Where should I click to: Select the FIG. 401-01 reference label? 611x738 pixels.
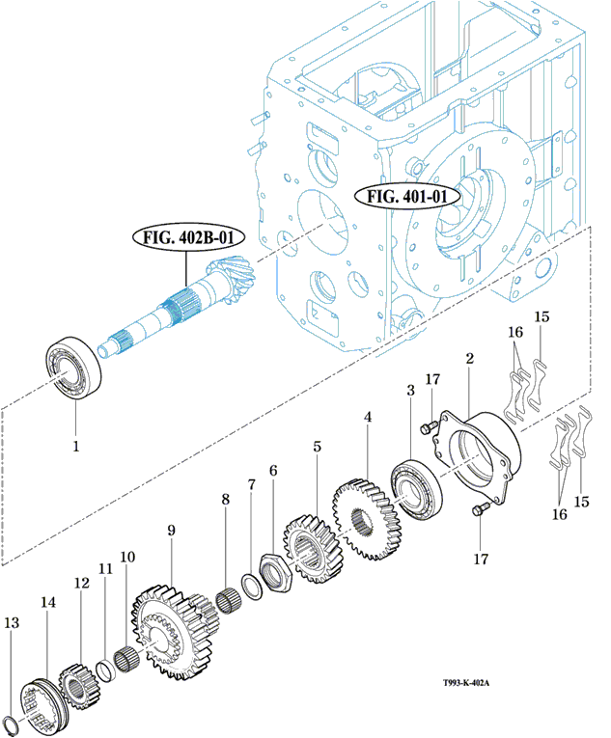pyautogui.click(x=408, y=197)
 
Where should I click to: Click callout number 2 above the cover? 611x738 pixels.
pyautogui.click(x=469, y=359)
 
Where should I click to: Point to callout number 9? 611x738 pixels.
pyautogui.click(x=171, y=530)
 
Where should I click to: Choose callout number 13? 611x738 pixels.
pyautogui.click(x=12, y=623)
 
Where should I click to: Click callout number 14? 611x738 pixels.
pyautogui.click(x=47, y=601)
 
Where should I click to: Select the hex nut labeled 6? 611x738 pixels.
pyautogui.click(x=275, y=570)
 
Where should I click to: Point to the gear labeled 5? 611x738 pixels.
pyautogui.click(x=309, y=549)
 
